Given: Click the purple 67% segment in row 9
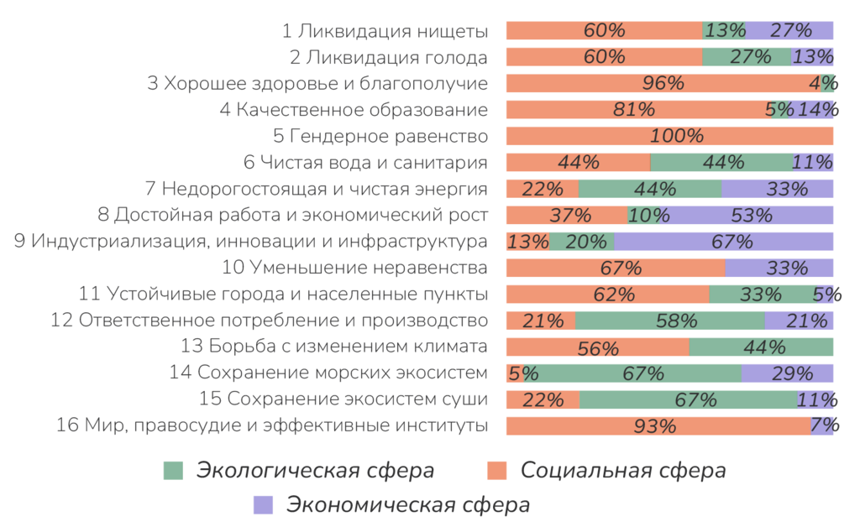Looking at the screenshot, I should coord(724,242).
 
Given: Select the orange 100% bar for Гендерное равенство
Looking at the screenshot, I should coord(669,136).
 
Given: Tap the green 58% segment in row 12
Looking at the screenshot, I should coord(670,321).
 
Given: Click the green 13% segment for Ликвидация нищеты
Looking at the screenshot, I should coord(724,31).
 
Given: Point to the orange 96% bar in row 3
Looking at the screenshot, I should coord(663,83).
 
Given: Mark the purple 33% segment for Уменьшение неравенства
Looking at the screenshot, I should coord(779,268).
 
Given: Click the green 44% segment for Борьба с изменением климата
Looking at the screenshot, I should coord(762,347).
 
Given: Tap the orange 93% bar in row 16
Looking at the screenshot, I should coord(658,425).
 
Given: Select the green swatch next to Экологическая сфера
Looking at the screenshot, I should coord(172,471).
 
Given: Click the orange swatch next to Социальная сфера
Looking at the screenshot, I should coord(498,471).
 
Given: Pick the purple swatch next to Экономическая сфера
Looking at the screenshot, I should coord(263,504).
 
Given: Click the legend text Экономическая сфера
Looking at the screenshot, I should coord(408,505).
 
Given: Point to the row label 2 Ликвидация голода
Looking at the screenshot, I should coord(388,58).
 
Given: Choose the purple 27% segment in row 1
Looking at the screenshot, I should coord(789,31).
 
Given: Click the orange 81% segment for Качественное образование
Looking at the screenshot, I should coord(637,110).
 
